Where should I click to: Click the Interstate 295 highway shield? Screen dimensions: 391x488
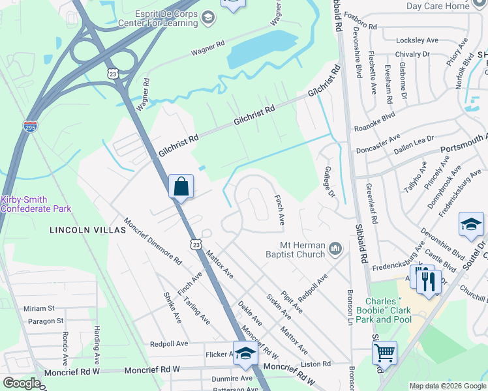30,125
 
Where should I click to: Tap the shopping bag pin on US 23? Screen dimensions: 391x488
181,187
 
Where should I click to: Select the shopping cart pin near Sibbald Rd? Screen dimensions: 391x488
384,353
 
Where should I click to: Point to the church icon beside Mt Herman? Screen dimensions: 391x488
335,248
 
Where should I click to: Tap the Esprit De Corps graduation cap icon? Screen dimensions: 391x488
208,17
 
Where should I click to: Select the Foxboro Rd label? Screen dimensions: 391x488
360,27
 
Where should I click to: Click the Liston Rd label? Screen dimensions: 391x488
316,364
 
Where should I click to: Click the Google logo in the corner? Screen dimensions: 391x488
22,383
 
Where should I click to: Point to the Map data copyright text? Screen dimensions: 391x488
447,386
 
